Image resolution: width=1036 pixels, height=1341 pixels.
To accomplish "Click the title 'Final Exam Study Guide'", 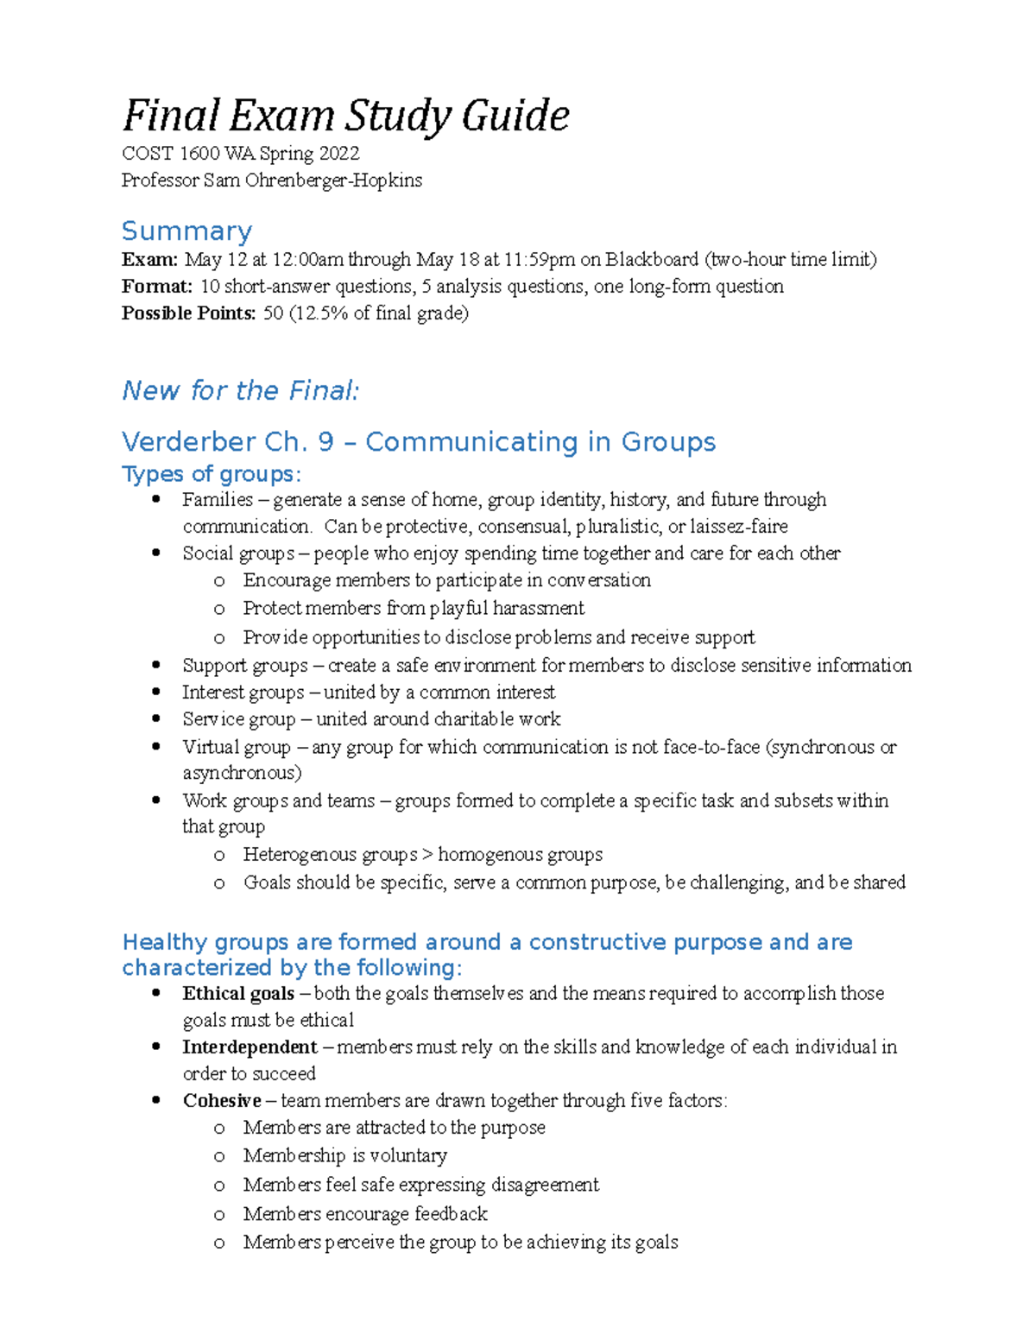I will click(x=345, y=116).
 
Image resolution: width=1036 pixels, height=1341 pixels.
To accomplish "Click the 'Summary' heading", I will click(x=186, y=231).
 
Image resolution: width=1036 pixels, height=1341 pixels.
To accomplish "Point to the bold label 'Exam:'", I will click(x=149, y=260).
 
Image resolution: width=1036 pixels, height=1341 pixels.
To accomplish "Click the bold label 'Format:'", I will click(x=156, y=287).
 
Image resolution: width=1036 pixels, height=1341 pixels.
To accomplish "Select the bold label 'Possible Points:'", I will click(x=188, y=313).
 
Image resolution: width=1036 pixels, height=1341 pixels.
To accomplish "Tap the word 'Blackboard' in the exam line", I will click(x=651, y=260).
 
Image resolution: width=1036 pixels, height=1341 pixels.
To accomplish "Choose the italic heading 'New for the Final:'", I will click(x=240, y=390).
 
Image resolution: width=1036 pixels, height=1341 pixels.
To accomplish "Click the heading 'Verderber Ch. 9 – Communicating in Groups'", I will click(x=419, y=442).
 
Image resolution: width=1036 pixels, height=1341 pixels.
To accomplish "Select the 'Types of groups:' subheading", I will click(x=212, y=474).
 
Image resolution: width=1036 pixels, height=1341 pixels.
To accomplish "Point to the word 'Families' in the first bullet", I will click(x=218, y=500).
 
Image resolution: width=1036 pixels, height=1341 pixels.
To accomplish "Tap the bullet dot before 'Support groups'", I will click(x=156, y=665).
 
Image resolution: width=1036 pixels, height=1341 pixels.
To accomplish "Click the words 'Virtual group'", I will click(x=236, y=747).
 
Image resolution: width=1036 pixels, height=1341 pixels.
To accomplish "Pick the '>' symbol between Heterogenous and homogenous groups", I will click(x=427, y=855).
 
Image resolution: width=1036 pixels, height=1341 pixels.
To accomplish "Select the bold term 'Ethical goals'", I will click(x=238, y=994).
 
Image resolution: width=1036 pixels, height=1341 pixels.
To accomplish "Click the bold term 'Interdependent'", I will click(x=250, y=1047).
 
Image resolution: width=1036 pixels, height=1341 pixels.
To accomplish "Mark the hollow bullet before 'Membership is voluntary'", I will click(x=219, y=1156).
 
